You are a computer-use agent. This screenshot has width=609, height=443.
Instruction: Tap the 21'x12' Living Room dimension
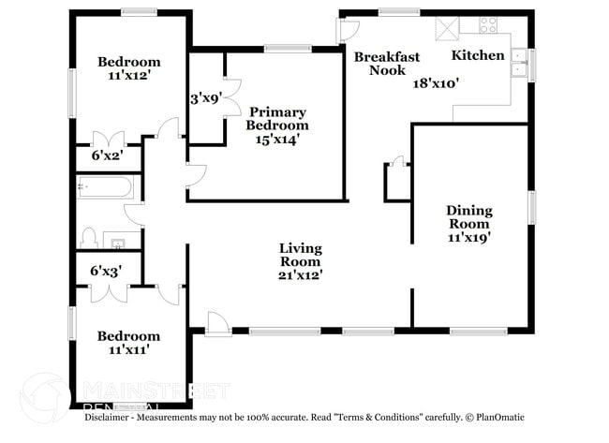301,276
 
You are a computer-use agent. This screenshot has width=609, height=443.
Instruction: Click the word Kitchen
478,56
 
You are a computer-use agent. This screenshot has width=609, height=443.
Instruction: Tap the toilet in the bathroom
90,235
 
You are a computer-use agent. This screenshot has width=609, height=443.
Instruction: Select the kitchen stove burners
488,25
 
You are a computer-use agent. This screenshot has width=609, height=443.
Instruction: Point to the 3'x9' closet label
206,97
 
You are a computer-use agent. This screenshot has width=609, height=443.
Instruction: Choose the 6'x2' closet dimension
107,155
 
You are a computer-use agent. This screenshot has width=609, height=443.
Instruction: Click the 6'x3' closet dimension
107,271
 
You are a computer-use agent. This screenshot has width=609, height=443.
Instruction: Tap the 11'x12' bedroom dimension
129,79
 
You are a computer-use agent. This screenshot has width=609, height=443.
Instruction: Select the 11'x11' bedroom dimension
129,350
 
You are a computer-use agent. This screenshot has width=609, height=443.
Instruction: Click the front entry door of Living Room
217,321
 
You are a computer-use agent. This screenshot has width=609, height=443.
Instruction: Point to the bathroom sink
117,244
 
